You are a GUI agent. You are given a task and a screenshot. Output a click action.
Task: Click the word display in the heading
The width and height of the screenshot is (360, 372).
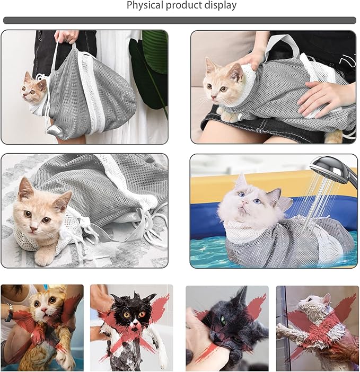click(x=220, y=6)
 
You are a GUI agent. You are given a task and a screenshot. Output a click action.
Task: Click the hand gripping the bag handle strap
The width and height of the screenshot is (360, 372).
click(x=67, y=36)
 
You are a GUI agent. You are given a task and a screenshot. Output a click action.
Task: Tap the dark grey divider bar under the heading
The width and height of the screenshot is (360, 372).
click(x=180, y=20)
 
